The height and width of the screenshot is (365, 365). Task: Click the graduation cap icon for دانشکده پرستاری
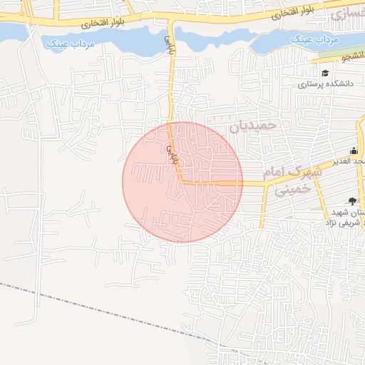325,73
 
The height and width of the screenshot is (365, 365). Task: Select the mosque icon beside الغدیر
354,150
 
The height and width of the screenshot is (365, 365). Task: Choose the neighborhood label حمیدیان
251,127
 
